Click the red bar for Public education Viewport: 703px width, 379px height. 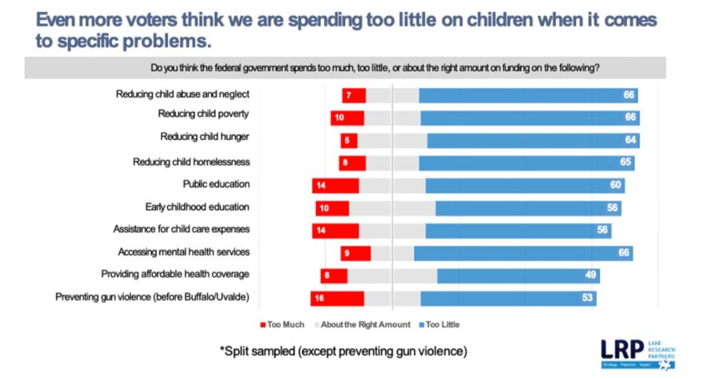(335, 185)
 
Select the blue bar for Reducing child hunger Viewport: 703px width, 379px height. (533, 141)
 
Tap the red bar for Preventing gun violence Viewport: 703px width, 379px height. (337, 298)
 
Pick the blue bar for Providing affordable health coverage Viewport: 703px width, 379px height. (518, 275)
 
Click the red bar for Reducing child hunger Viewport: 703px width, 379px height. (349, 141)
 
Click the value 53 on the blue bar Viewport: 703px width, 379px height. (587, 298)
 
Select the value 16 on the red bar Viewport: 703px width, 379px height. (320, 298)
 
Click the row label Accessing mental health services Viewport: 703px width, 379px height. (184, 252)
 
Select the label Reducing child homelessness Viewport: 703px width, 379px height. (191, 162)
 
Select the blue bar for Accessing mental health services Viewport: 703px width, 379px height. (523, 253)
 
